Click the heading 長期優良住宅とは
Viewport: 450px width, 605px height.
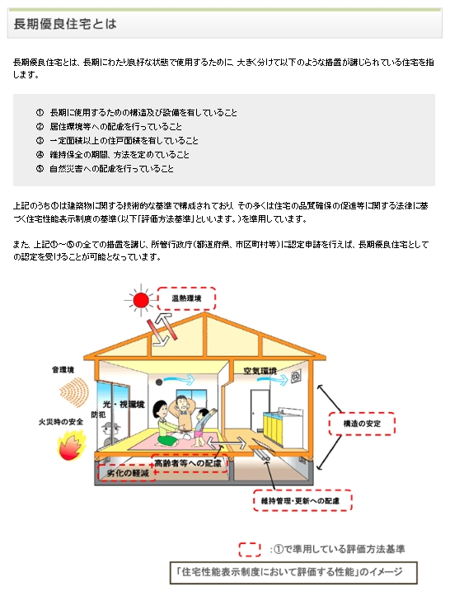[65, 24]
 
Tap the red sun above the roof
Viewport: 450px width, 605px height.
[141, 300]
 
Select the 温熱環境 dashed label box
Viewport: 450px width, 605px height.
[186, 298]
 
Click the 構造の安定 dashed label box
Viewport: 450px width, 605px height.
[362, 424]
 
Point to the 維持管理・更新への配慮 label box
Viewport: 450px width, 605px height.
[302, 501]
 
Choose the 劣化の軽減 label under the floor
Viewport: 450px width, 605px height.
[127, 472]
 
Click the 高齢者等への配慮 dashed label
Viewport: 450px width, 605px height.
[189, 463]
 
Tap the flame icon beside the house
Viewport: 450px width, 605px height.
[71, 447]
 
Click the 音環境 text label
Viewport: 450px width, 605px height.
[63, 369]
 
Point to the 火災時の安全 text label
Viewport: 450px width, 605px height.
[61, 422]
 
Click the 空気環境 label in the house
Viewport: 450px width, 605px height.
[260, 371]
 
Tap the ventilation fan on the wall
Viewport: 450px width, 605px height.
[296, 376]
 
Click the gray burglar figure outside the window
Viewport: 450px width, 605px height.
[110, 434]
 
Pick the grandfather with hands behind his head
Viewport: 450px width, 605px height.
[181, 414]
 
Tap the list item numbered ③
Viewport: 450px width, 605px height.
[117, 140]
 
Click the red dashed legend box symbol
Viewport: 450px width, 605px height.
[250, 550]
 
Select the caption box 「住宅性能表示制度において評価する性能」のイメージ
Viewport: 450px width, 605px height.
[293, 573]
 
